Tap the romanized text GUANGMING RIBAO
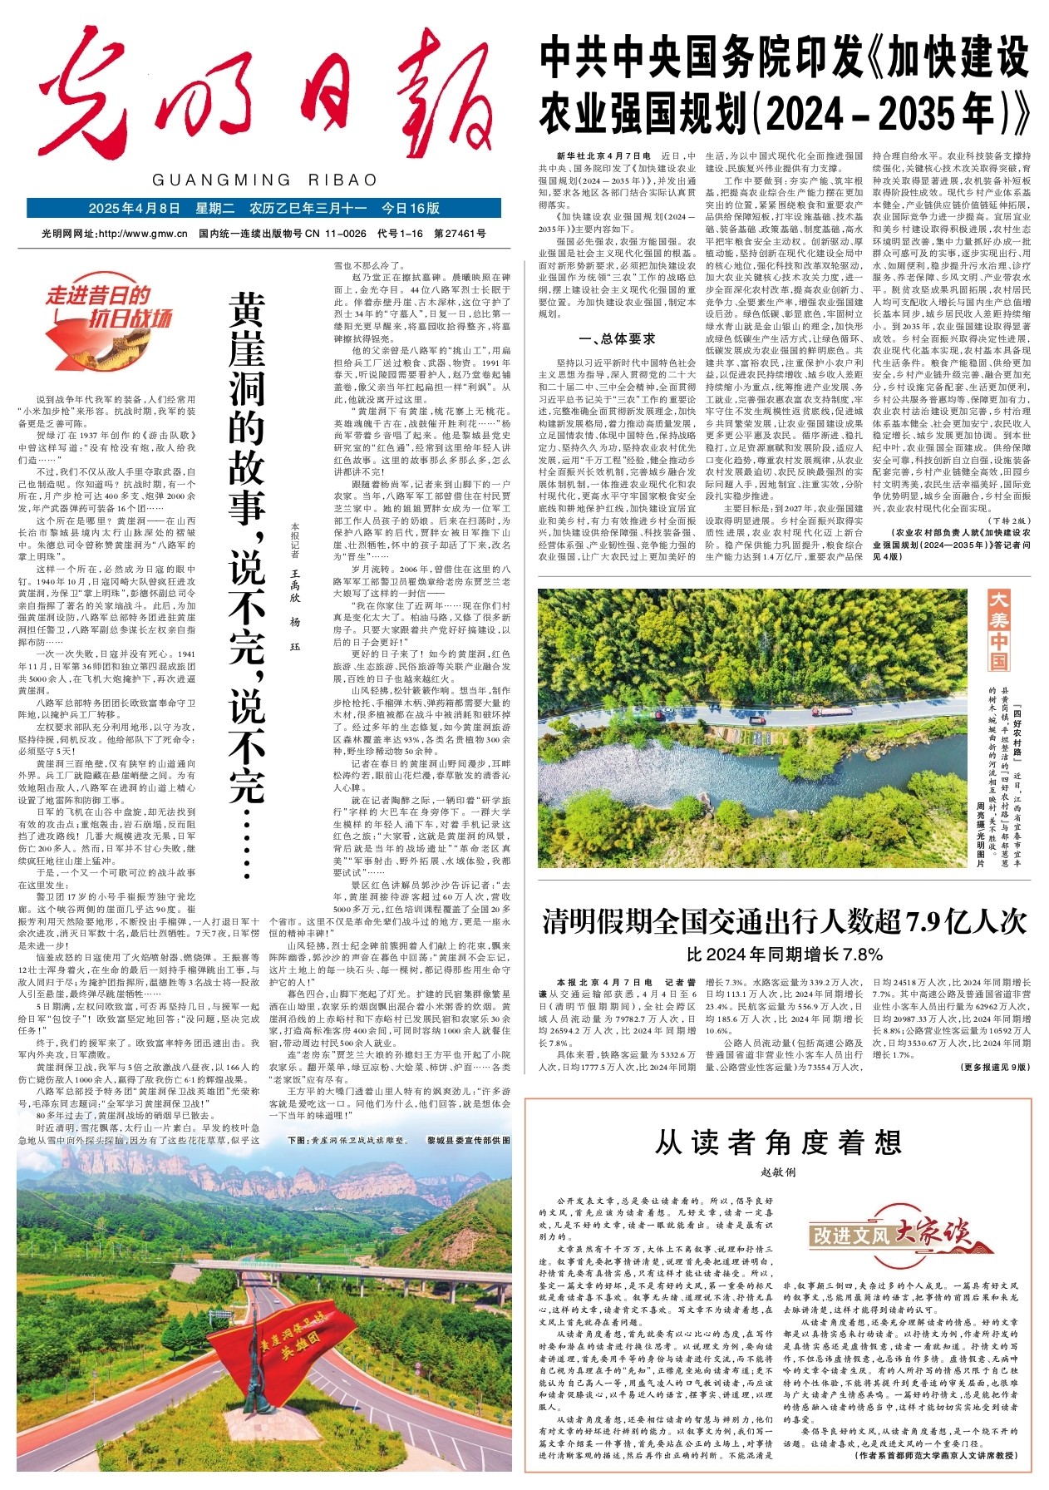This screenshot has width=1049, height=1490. click(265, 180)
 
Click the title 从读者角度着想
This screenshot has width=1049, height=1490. click(778, 1142)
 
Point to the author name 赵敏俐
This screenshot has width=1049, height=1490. click(778, 1172)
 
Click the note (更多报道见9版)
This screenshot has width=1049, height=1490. click(994, 1067)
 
